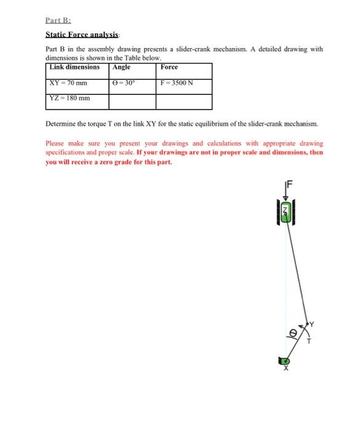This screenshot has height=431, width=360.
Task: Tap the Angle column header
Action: pos(121,67)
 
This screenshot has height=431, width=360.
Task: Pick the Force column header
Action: pos(169,67)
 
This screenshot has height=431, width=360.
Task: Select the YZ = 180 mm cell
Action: pos(70,98)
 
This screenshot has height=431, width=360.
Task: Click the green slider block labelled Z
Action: pos(285,214)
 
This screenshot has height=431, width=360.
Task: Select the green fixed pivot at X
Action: pos(286,361)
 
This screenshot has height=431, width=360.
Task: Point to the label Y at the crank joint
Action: pos(311,323)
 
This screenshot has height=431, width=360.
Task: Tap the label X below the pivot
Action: pos(285,370)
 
